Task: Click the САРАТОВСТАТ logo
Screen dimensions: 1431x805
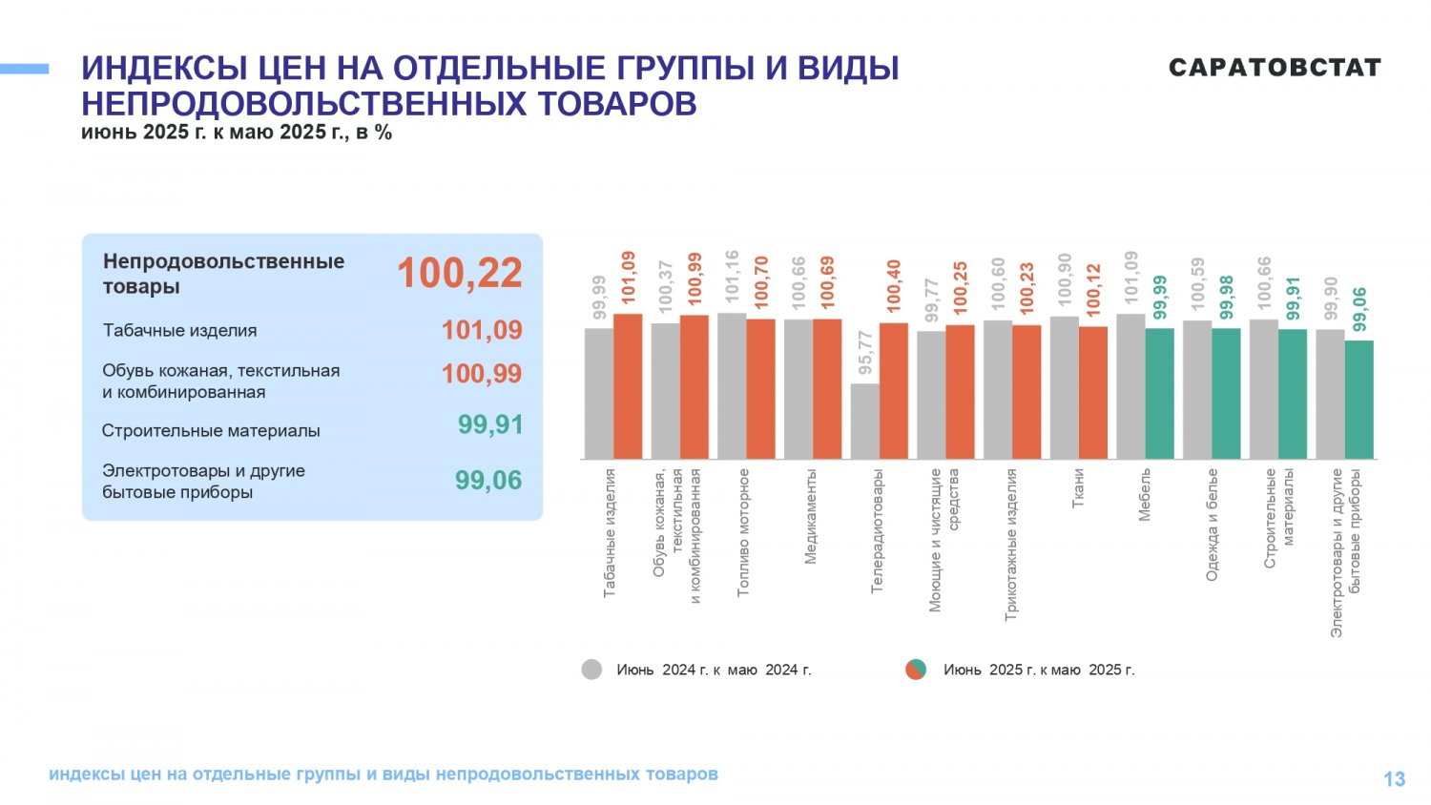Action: click(x=1275, y=67)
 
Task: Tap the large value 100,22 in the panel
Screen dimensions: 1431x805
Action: click(x=460, y=273)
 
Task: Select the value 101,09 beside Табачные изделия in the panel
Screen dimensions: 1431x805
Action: click(x=482, y=330)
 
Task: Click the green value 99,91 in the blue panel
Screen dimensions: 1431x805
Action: click(x=490, y=424)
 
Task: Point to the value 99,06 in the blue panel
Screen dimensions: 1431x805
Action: click(x=488, y=481)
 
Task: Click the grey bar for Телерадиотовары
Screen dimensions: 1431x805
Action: click(x=865, y=421)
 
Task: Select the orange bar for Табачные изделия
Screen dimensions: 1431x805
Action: click(x=628, y=386)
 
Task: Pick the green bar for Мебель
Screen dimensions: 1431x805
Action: click(x=1159, y=394)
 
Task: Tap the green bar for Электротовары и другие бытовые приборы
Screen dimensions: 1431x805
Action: click(x=1359, y=400)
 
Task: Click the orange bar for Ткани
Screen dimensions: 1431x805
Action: click(x=1093, y=392)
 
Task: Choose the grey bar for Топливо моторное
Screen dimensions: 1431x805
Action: click(x=732, y=386)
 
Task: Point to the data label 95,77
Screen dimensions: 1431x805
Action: click(x=865, y=353)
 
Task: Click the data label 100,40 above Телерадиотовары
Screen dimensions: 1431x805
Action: click(x=894, y=286)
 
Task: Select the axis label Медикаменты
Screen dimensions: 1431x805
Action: click(x=810, y=517)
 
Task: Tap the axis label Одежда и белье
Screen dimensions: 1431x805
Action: click(x=1212, y=526)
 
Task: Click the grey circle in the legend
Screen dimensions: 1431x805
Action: click(x=591, y=669)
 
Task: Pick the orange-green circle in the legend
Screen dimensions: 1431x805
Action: click(x=916, y=669)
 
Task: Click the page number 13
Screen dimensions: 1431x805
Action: click(x=1395, y=779)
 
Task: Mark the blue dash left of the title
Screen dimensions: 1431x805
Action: click(x=24, y=69)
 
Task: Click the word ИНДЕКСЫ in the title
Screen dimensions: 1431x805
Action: click(x=164, y=69)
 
